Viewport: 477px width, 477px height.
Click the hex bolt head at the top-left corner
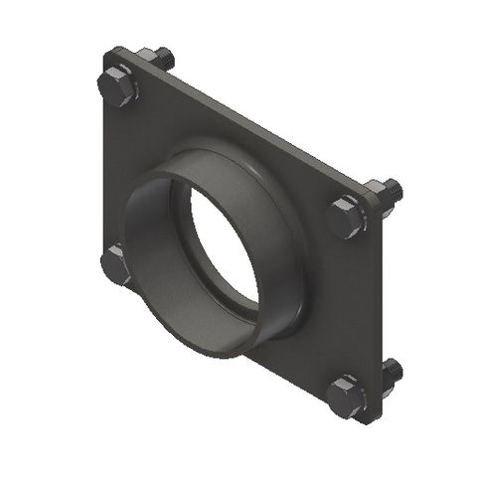coord(118,87)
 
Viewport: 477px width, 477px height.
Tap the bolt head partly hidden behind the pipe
coord(116,265)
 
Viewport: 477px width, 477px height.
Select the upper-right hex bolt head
coord(348,215)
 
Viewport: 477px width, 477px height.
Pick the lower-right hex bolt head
coord(347,395)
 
